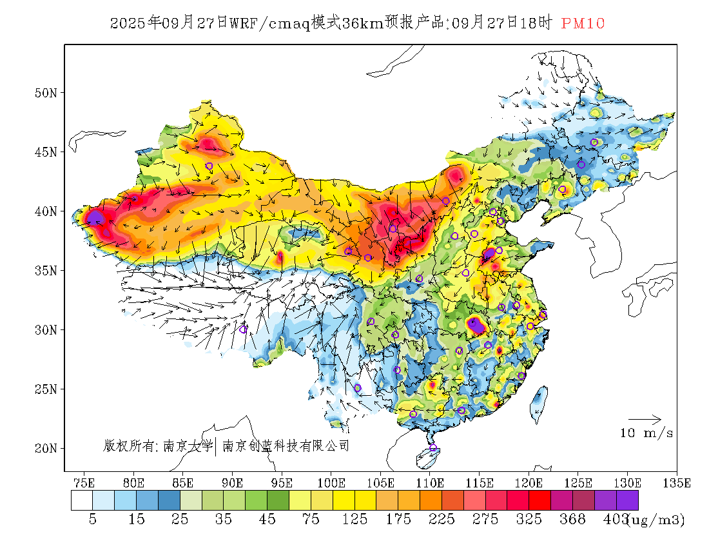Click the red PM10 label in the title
(583, 23)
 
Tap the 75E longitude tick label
(84, 483)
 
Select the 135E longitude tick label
(677, 483)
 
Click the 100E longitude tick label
(331, 483)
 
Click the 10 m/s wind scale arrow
(645, 420)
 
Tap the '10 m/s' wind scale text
(646, 433)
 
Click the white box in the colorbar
(82, 501)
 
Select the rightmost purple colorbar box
(627, 501)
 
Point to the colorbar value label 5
(93, 520)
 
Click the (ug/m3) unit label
(656, 520)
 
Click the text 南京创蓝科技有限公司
(286, 445)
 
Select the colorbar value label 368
(573, 520)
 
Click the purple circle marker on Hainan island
(433, 447)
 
